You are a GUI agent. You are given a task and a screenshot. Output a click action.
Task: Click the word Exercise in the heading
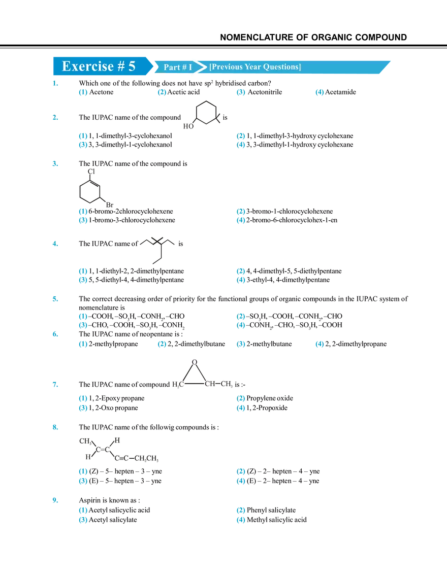click(x=87, y=66)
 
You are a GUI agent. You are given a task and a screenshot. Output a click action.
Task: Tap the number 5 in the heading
click(x=132, y=66)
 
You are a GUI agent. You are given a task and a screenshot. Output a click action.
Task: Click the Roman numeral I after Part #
click(x=190, y=67)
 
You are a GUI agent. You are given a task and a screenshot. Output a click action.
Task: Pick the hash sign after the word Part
click(x=184, y=67)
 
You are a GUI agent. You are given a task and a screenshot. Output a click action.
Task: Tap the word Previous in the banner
click(x=226, y=67)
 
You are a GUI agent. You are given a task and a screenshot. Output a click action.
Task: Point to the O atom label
click(x=194, y=362)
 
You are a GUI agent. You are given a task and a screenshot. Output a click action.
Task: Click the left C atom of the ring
click(x=181, y=384)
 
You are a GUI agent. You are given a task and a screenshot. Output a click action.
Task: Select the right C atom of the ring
click(x=207, y=384)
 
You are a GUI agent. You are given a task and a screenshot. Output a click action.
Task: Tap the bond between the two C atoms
click(x=195, y=384)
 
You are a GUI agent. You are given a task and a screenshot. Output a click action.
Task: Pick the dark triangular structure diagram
click(x=94, y=189)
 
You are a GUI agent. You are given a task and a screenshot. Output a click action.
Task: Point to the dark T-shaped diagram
click(x=157, y=249)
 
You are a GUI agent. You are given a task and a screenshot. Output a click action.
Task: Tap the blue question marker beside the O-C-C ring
click(x=54, y=384)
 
